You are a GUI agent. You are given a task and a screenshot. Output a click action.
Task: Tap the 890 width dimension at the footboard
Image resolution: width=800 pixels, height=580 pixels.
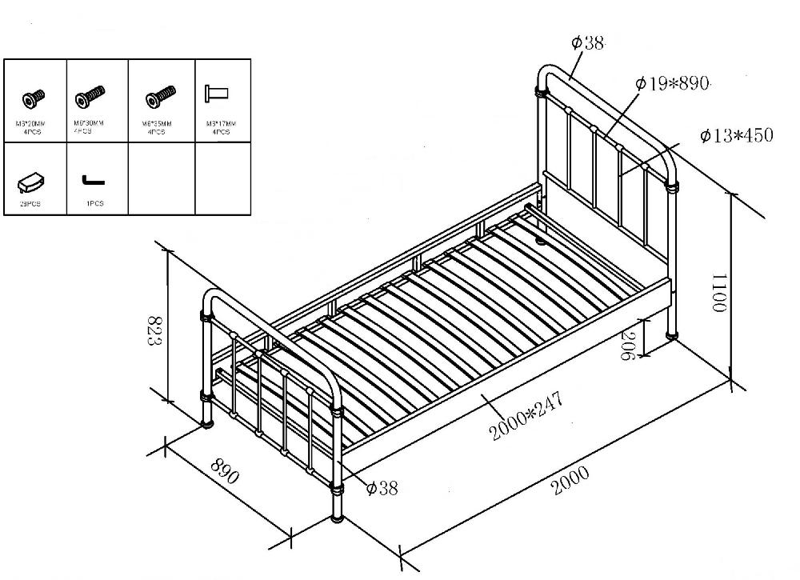[226, 471]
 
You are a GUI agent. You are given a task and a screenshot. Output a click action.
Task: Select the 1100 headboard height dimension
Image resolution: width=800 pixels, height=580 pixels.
[718, 293]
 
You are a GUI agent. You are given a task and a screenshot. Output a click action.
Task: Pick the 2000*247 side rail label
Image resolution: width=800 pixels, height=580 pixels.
[526, 416]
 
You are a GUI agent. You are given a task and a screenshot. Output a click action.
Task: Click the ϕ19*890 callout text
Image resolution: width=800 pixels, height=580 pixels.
[672, 83]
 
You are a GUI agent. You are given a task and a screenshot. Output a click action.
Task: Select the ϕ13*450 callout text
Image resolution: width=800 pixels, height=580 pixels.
[736, 135]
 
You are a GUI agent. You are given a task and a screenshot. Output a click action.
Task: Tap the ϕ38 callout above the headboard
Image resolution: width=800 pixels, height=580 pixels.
[588, 43]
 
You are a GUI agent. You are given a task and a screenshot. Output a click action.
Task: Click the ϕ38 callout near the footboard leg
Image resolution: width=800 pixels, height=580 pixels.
[381, 487]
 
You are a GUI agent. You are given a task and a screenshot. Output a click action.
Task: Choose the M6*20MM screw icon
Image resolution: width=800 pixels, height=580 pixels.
[34, 98]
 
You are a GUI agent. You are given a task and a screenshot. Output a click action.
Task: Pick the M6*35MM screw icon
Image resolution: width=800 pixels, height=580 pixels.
[160, 98]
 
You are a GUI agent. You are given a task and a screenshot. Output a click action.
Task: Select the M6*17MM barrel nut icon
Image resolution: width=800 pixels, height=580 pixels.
[216, 93]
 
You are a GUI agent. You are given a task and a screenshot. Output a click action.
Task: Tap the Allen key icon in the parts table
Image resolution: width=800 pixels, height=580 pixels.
[93, 181]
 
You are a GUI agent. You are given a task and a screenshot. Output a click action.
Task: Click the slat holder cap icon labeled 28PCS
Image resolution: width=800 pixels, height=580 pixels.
[30, 182]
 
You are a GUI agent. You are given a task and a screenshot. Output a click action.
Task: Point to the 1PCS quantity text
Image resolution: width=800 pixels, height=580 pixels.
[94, 204]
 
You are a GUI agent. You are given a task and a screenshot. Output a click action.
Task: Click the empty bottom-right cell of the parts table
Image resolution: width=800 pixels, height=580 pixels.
[222, 178]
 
